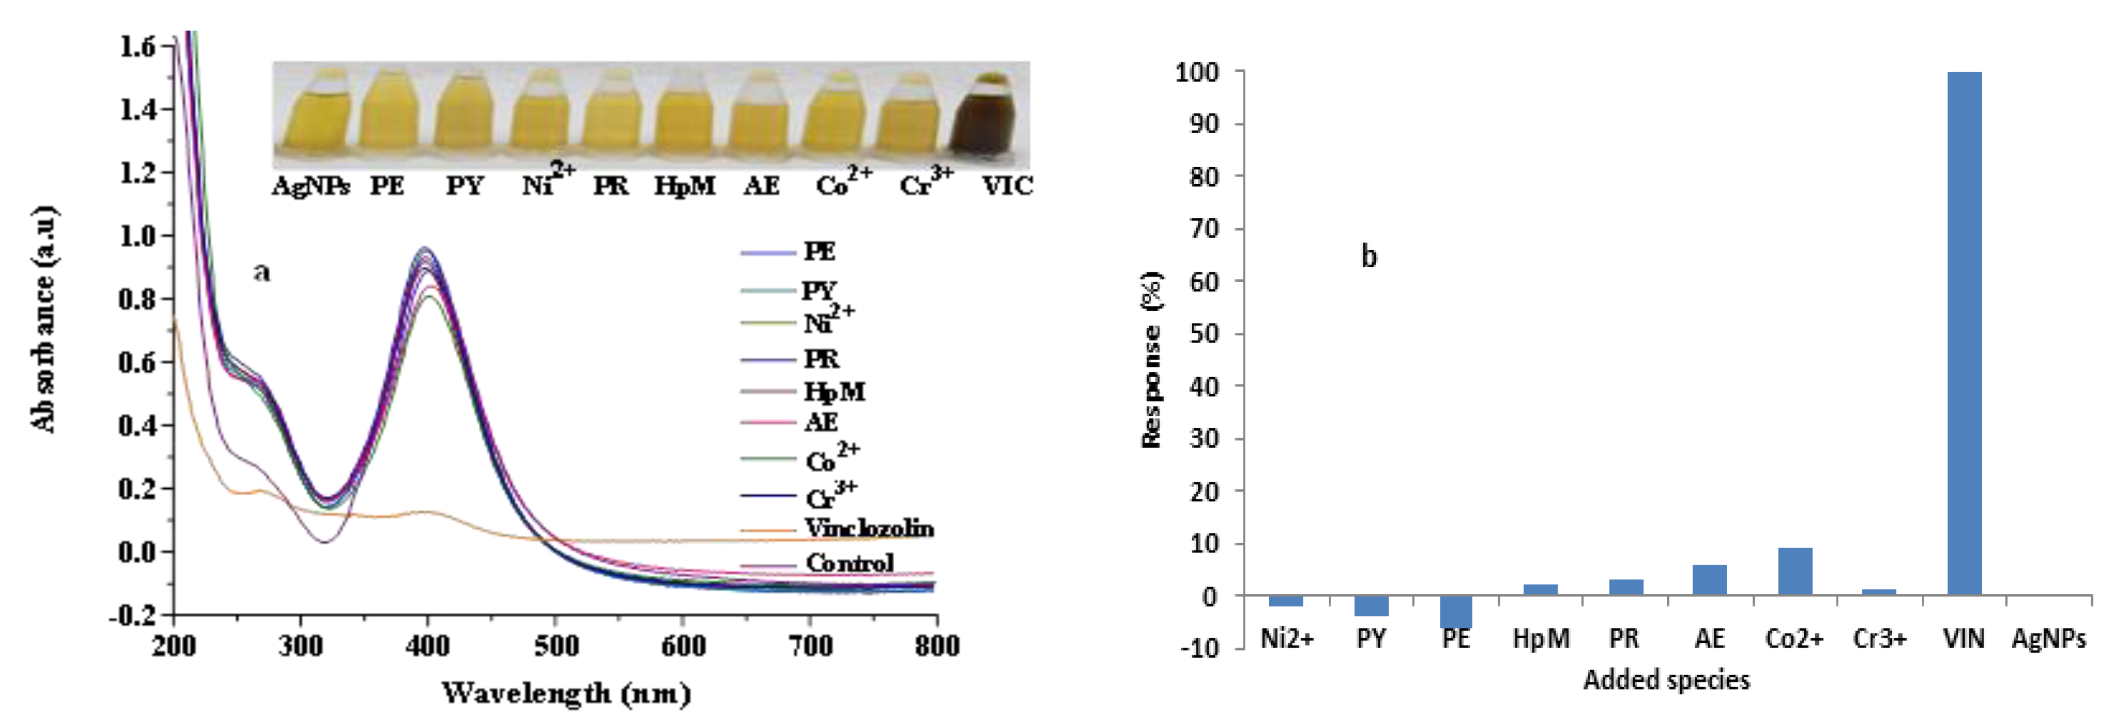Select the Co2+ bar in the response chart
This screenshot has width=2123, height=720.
click(x=1794, y=571)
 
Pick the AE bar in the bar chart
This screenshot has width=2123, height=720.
click(x=1709, y=579)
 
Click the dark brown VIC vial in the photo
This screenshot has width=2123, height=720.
click(x=982, y=115)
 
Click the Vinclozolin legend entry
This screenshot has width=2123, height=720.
click(x=869, y=528)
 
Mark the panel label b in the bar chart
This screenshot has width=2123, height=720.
click(x=1368, y=257)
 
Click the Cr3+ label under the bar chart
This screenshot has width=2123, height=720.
click(x=1879, y=638)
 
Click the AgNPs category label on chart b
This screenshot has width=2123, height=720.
click(x=2048, y=638)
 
